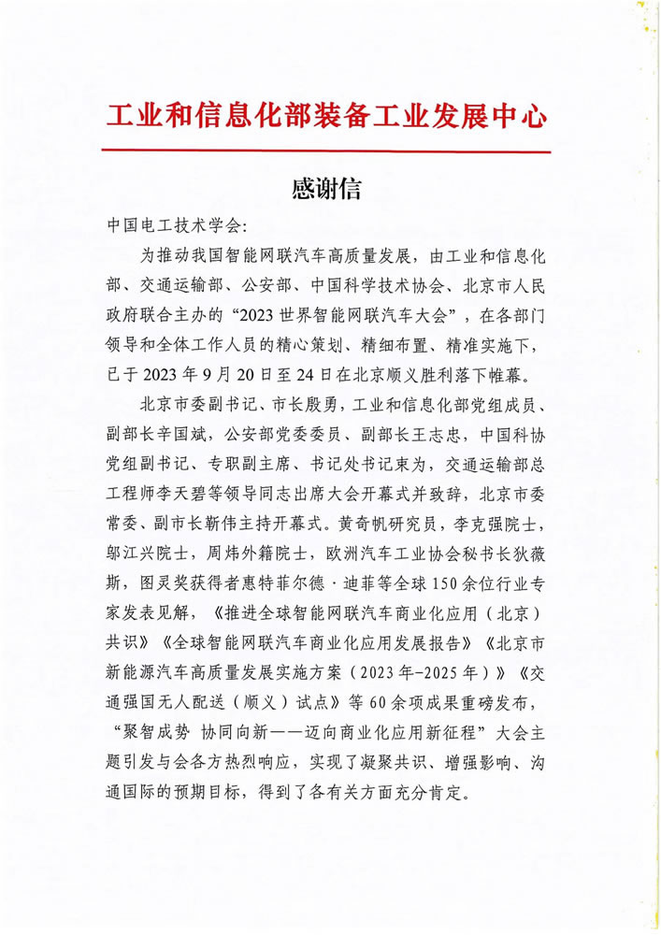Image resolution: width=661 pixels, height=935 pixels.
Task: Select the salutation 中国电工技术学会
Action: click(x=174, y=226)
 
